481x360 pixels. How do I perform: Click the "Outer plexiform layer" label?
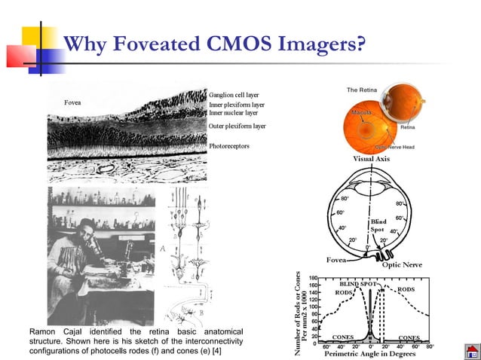[237, 126]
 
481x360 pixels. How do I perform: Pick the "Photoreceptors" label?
[230, 145]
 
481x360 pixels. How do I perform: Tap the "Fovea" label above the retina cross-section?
[72, 102]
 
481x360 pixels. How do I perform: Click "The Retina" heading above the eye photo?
[362, 90]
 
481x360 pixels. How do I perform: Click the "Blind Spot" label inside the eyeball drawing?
[378, 225]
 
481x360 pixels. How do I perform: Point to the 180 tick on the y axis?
[311, 278]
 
